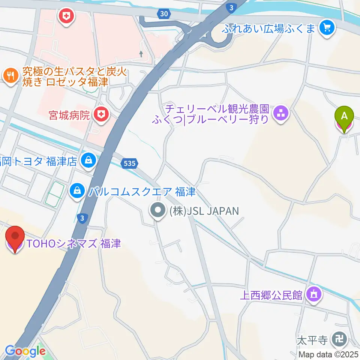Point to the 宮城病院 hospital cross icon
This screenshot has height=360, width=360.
(100, 114)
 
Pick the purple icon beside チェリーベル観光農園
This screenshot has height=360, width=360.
(280, 114)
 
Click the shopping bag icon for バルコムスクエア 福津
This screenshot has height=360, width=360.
(77, 191)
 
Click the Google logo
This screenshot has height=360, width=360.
(25, 351)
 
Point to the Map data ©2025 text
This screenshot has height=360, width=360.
(328, 354)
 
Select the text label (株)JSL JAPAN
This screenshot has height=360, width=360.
(204, 211)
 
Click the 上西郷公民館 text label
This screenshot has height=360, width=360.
(271, 295)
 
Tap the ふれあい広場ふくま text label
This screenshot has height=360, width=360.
(268, 28)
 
